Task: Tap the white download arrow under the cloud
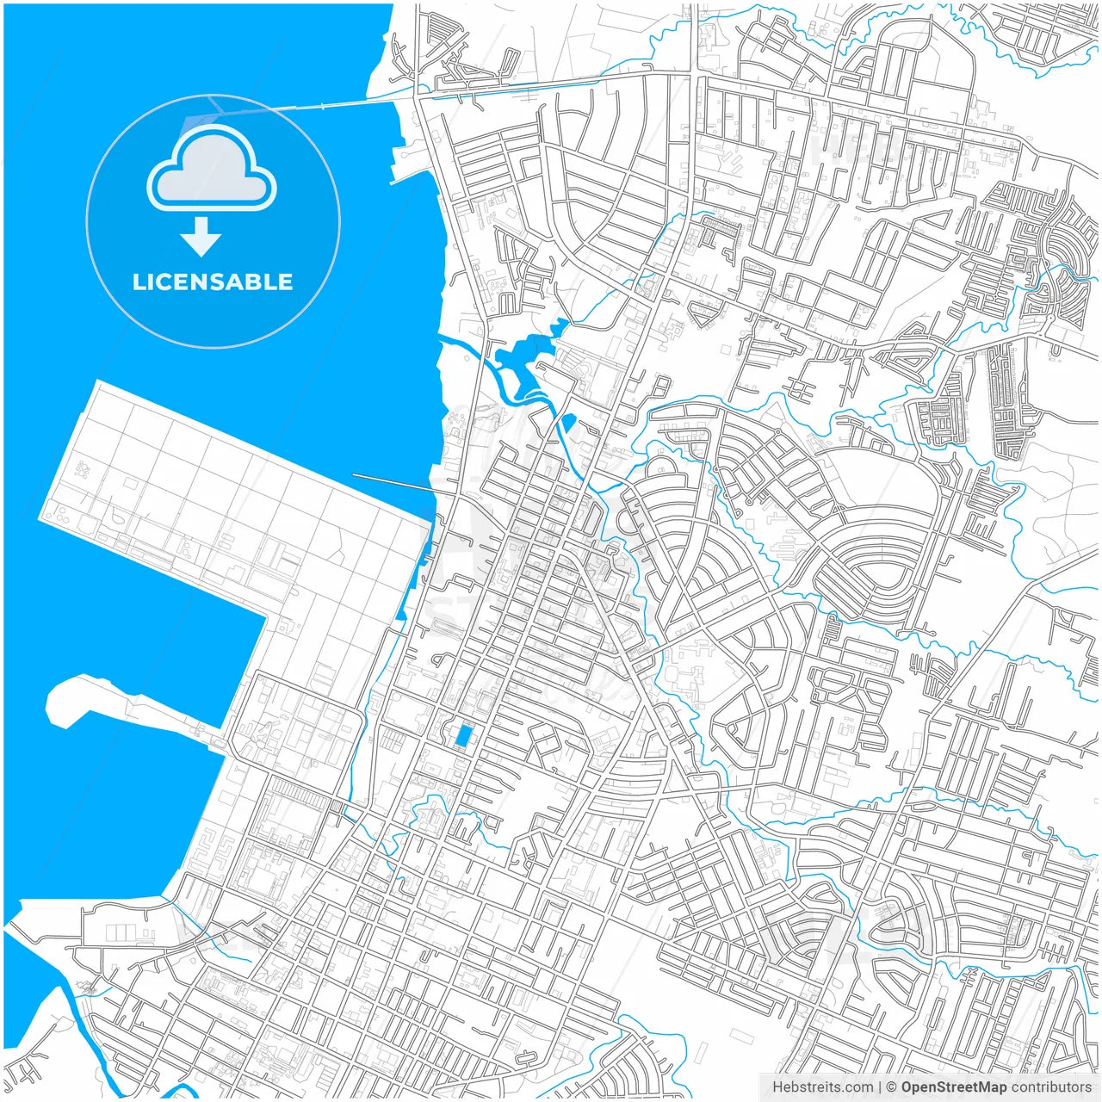click(x=201, y=237)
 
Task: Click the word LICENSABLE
click(x=213, y=282)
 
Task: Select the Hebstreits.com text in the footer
click(x=822, y=1087)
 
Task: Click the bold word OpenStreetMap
click(x=953, y=1087)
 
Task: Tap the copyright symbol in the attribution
click(x=891, y=1087)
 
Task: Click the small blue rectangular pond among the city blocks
click(x=463, y=736)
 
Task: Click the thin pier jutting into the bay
click(x=392, y=481)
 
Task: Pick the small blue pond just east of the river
click(x=568, y=422)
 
